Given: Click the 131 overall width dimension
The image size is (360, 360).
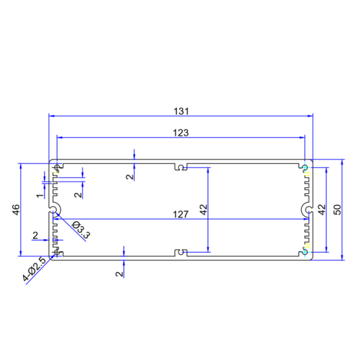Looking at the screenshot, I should [x=181, y=111].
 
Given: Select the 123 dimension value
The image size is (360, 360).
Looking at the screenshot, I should [x=181, y=133].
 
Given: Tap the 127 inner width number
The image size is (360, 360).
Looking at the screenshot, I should [x=180, y=214].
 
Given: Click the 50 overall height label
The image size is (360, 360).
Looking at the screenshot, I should [x=337, y=209].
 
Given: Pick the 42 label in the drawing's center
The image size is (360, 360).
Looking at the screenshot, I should [x=203, y=209].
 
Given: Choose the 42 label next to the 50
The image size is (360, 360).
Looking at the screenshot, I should [x=322, y=209].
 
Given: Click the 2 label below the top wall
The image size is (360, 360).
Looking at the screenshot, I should [x=129, y=177].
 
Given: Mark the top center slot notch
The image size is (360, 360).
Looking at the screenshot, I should [x=180, y=168].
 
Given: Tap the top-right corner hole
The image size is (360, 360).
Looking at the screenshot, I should [x=305, y=168].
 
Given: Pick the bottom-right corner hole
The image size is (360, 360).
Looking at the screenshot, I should [x=305, y=251].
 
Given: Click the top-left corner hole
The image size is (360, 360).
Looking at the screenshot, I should [x=57, y=167].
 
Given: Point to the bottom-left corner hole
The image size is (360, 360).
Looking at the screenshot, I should [x=56, y=252].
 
